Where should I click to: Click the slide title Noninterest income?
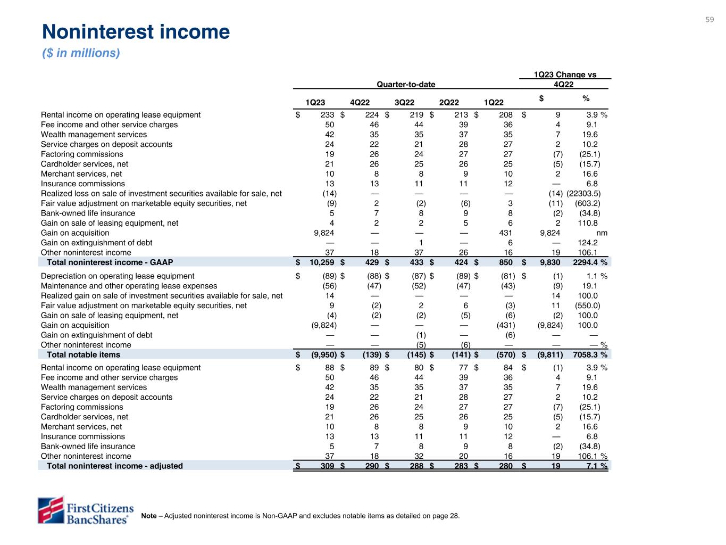click(x=136, y=32)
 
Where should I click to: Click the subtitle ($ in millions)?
click(x=81, y=53)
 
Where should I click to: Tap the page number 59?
click(x=710, y=20)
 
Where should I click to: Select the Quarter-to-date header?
click(x=405, y=84)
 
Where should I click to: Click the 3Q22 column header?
click(x=405, y=103)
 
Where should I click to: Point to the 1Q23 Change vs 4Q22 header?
click(x=564, y=79)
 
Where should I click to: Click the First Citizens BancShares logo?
click(x=85, y=510)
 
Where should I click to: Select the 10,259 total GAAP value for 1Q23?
click(x=322, y=262)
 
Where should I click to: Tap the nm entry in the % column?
click(x=602, y=233)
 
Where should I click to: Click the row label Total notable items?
click(x=84, y=354)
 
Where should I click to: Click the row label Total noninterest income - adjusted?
click(x=114, y=466)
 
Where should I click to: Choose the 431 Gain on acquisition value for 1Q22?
click(x=505, y=233)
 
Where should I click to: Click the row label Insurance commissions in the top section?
click(x=83, y=184)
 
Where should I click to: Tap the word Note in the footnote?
click(x=149, y=516)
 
